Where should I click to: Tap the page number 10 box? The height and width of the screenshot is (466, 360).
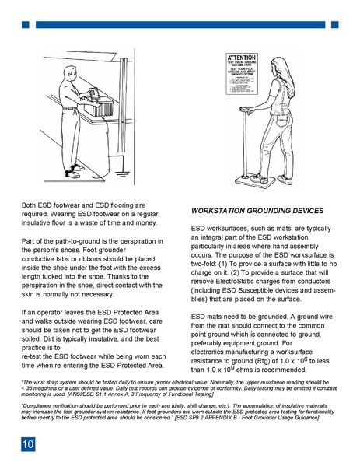click(27, 444)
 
